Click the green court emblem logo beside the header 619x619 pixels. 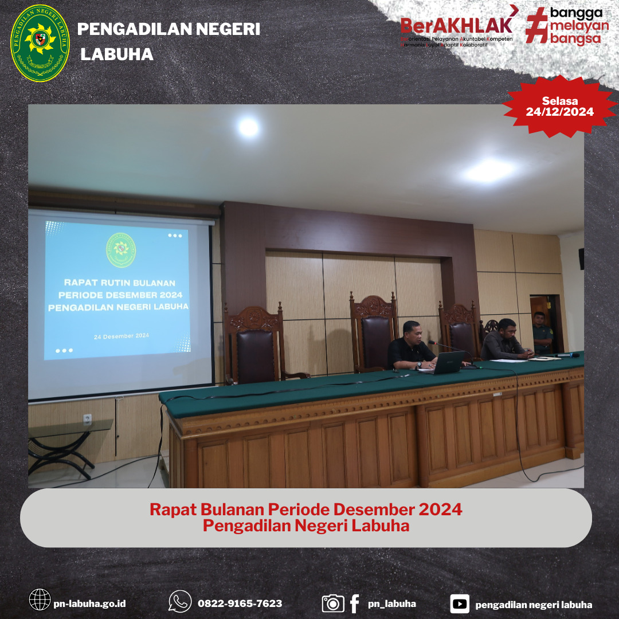click(x=40, y=43)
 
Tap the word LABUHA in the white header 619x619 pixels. click(x=117, y=54)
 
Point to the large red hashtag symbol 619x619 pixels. click(x=537, y=25)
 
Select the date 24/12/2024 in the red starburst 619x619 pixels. click(x=559, y=112)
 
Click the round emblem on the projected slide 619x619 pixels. click(x=121, y=250)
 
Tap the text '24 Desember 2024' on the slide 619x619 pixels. click(x=121, y=336)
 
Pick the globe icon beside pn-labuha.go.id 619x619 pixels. click(x=40, y=600)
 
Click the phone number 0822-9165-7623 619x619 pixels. click(x=240, y=604)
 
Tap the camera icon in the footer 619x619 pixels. click(x=333, y=603)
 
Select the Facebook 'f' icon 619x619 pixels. click(x=354, y=603)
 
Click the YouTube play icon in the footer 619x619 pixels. click(x=460, y=604)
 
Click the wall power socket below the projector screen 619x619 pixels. click(x=87, y=419)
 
